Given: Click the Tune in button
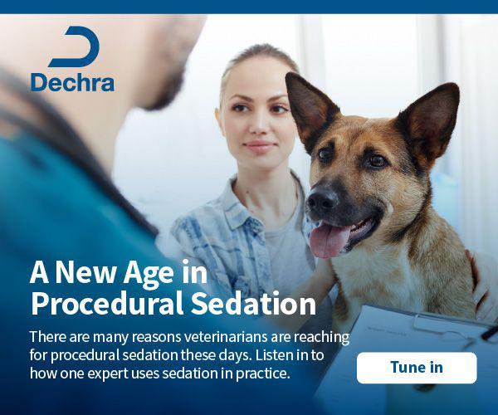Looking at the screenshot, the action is pyautogui.click(x=417, y=368).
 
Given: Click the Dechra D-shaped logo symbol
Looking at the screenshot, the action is pyautogui.click(x=74, y=46).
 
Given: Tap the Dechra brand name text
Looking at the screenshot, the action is pyautogui.click(x=72, y=83).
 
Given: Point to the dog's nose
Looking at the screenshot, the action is pyautogui.click(x=322, y=199).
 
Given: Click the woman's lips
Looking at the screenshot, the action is pyautogui.click(x=259, y=147).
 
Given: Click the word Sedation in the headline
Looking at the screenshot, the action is pyautogui.click(x=254, y=303).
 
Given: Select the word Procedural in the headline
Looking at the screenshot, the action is pyautogui.click(x=107, y=303).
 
